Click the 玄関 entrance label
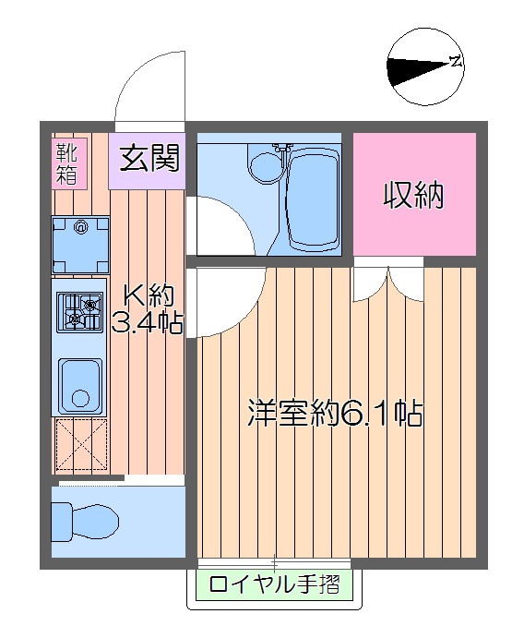click(148, 158)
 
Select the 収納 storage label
click(414, 195)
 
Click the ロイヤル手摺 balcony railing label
click(274, 584)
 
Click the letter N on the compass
click(455, 62)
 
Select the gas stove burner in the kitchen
click(81, 311)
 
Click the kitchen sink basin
click(81, 385)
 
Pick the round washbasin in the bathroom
click(267, 166)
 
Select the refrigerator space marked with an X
click(81, 445)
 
